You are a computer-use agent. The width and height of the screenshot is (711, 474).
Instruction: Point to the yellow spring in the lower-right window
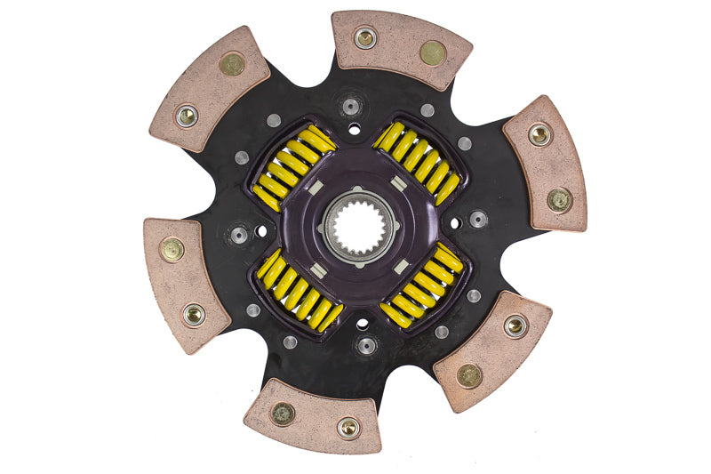tap(423, 286)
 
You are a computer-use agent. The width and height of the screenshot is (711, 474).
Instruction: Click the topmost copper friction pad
tap(400, 52)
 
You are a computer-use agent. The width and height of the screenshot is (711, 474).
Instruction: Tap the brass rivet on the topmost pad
tap(433, 53)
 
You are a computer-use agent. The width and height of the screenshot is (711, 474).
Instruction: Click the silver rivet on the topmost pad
tap(365, 37)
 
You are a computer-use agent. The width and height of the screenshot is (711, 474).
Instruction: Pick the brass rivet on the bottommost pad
tap(283, 413)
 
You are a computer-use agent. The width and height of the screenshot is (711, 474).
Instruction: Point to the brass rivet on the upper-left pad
tap(233, 63)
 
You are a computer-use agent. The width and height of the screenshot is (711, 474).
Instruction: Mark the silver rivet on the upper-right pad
tap(539, 134)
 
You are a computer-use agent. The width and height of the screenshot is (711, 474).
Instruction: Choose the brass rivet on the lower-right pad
tap(469, 375)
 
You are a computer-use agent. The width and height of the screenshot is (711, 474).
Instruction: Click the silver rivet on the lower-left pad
tap(194, 313)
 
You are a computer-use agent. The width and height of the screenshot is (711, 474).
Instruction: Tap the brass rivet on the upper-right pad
tap(559, 199)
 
